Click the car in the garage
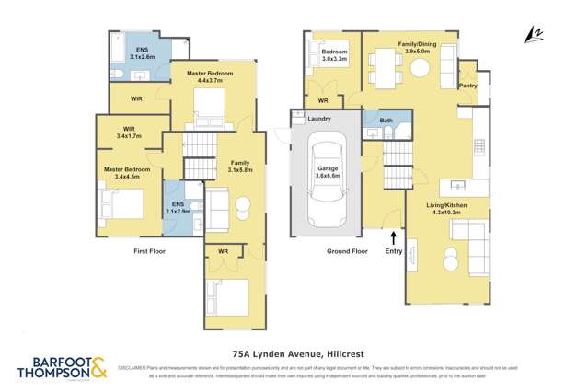327,179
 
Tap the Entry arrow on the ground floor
394,238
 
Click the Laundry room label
320,119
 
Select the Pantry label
467,86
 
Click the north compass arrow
528,34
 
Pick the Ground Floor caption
348,250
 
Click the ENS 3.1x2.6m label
143,52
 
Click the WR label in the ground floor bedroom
323,99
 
